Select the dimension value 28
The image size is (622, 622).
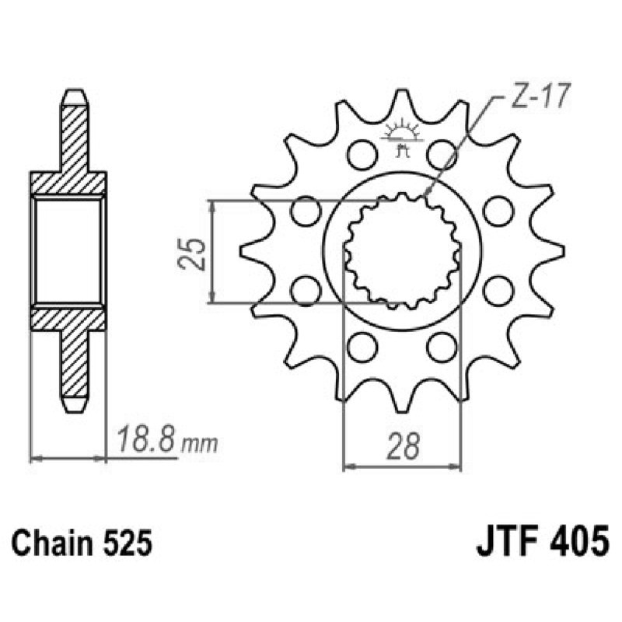(402, 446)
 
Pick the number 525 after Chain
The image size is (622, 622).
(125, 543)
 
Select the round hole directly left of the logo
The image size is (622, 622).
(361, 154)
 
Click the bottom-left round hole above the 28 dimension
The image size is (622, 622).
(361, 346)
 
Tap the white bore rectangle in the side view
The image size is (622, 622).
(68, 250)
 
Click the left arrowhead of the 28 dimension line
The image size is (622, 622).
(348, 467)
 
